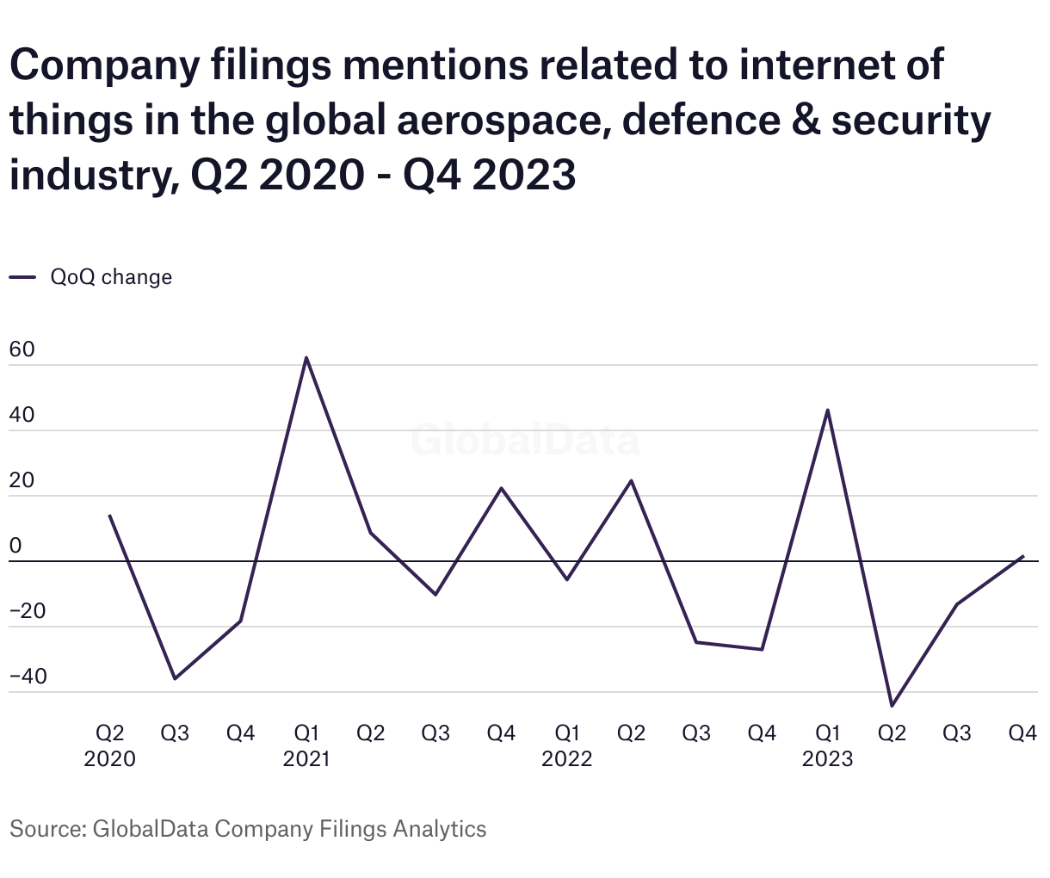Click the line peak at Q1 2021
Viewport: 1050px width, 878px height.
tap(306, 357)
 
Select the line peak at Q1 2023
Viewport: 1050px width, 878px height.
tap(827, 410)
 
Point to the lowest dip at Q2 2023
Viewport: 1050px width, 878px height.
tap(892, 706)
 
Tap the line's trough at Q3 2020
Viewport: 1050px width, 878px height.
tap(175, 679)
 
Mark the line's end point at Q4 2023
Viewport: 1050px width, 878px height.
tap(1022, 556)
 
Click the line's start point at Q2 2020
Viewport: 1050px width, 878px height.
tap(109, 516)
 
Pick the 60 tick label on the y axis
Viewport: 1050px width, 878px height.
tap(22, 350)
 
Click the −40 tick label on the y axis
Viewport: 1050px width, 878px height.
tap(28, 677)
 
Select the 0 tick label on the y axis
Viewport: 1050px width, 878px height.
tap(16, 547)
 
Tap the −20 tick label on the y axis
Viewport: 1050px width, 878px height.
tap(28, 611)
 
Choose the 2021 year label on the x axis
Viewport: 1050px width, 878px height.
tap(306, 759)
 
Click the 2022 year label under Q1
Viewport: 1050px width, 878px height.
tap(566, 759)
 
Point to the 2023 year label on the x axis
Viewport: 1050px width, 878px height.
tap(827, 759)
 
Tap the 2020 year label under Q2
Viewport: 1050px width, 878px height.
tap(109, 759)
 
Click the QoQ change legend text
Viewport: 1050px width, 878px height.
tap(111, 277)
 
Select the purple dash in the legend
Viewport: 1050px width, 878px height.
tap(22, 277)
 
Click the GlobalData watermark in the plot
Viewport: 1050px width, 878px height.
tap(525, 440)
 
